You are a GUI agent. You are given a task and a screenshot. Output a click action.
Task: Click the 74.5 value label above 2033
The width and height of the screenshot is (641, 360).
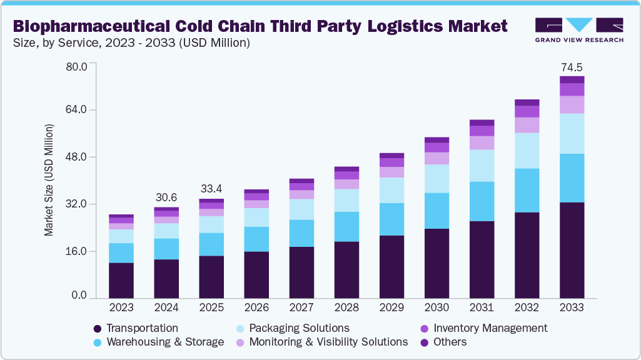572,67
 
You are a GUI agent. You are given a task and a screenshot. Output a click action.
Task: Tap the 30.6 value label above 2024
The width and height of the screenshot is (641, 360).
166,197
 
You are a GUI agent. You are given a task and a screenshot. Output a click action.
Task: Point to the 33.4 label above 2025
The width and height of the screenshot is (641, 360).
211,189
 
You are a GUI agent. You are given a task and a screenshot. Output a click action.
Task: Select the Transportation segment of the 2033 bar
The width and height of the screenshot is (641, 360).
572,250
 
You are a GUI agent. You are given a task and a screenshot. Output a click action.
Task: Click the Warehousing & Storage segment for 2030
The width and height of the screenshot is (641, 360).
437,211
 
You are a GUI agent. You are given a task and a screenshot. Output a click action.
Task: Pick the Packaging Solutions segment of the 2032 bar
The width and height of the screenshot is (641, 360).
527,151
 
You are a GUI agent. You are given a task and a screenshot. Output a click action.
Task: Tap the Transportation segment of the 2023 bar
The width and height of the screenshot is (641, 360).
121,280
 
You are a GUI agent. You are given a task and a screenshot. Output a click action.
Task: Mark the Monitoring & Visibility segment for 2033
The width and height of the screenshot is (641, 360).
572,104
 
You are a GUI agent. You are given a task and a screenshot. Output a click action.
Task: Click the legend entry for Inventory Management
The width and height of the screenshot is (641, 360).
490,328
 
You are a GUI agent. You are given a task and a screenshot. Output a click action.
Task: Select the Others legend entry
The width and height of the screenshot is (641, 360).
450,342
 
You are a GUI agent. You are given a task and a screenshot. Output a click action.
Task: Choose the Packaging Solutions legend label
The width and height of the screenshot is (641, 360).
299,328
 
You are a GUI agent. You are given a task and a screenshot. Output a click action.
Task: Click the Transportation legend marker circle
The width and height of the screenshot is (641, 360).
97,329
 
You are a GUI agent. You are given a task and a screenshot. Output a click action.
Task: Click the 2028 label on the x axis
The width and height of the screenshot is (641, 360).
346,307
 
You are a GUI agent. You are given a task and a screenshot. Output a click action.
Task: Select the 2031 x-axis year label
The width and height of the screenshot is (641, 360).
482,307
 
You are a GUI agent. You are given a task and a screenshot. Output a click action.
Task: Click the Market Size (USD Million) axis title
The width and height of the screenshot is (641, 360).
49,180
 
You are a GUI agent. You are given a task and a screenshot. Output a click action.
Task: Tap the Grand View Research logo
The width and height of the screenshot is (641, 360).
578,29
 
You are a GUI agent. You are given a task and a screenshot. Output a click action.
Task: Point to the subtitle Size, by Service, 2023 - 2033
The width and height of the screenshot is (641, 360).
131,43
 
